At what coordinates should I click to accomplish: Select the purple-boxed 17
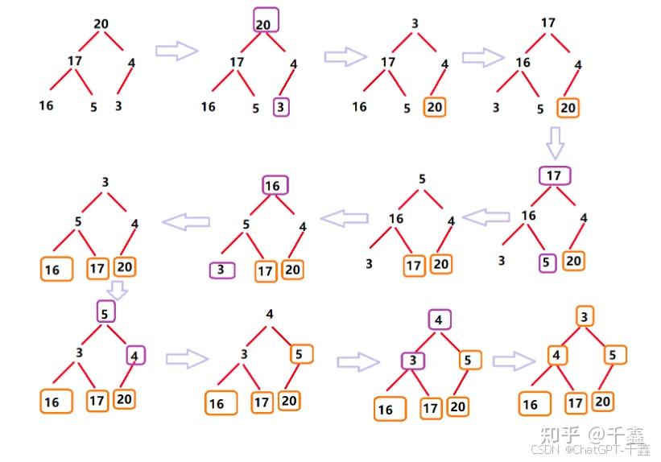[553, 176]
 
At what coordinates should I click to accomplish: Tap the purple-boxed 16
[273, 186]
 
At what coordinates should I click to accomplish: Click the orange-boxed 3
[585, 316]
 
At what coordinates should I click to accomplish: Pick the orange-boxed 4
[556, 355]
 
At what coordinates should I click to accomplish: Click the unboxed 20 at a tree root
[101, 24]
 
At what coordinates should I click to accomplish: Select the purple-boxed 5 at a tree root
[106, 311]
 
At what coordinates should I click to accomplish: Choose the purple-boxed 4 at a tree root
[439, 320]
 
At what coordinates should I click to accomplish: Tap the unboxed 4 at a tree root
[270, 315]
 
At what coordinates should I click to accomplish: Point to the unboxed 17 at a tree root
[548, 23]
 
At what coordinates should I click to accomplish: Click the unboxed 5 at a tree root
[422, 179]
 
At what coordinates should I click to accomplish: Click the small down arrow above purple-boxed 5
[117, 288]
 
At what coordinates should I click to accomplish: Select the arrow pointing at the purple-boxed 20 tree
[176, 51]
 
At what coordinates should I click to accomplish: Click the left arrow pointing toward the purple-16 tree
[345, 216]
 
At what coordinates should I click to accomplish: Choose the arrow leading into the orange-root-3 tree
[515, 361]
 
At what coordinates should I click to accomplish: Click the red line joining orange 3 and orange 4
[571, 336]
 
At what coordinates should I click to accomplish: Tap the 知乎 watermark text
[558, 435]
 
